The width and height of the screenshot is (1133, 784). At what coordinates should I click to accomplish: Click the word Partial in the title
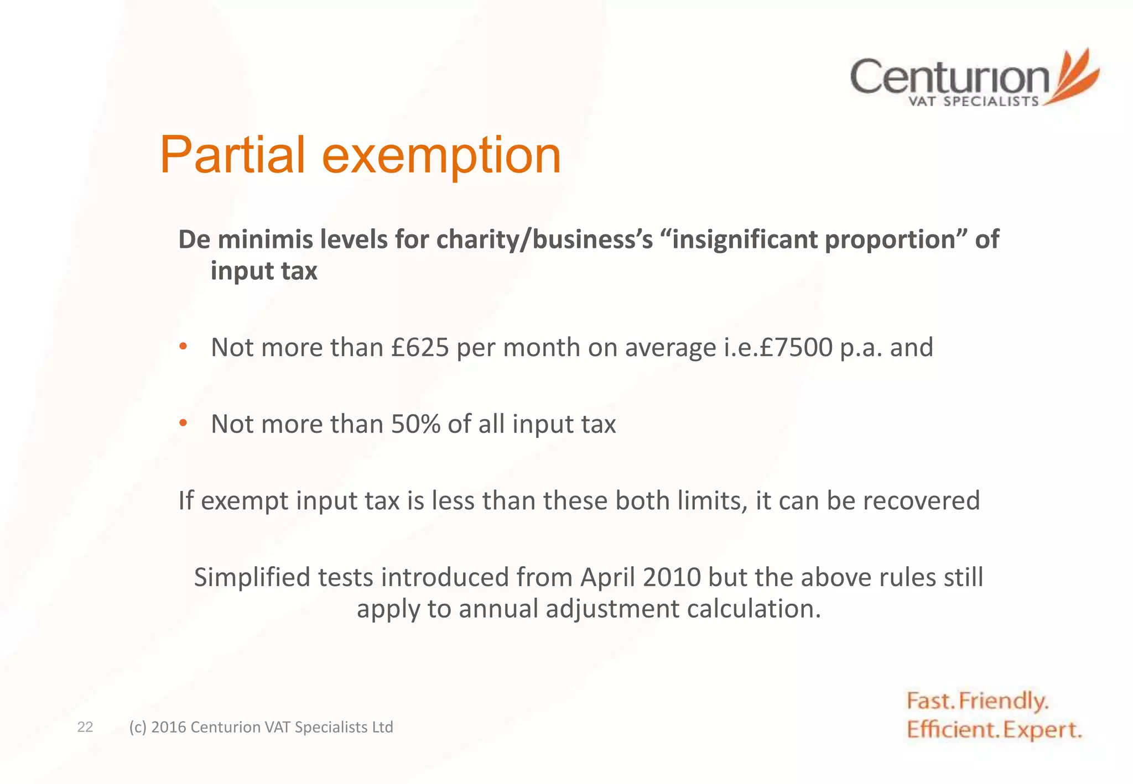point(232,155)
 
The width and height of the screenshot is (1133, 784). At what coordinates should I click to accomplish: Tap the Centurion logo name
point(949,77)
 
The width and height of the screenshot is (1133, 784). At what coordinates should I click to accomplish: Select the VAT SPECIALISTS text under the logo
point(974,102)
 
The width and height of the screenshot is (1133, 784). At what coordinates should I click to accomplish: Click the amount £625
point(419,348)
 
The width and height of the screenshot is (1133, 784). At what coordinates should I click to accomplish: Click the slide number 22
point(85,727)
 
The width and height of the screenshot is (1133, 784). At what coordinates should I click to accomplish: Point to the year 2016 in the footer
point(168,727)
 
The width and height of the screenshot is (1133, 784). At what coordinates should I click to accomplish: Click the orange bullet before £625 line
point(183,347)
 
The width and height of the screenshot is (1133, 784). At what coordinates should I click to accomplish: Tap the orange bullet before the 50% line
point(183,424)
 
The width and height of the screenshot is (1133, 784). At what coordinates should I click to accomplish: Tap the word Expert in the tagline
point(1042,730)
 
